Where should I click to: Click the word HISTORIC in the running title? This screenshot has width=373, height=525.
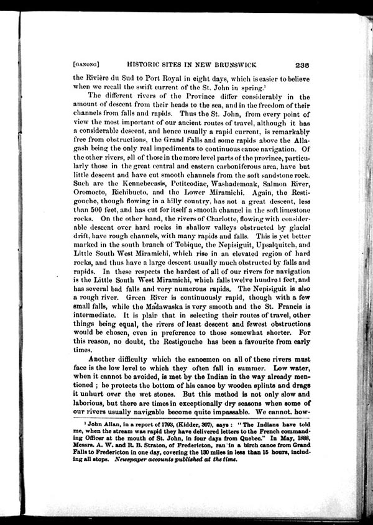click(149, 63)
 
